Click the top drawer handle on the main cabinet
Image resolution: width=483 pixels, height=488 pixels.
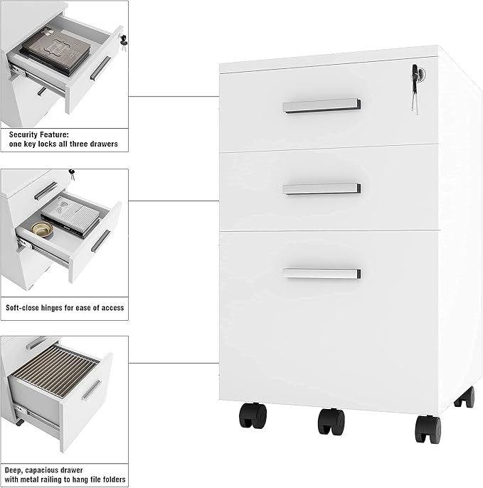pos(322,106)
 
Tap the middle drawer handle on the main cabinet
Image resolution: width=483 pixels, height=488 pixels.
pos(322,189)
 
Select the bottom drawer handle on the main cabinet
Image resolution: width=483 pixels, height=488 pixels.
pos(322,274)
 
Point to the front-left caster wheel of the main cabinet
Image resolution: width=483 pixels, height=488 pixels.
pos(253,415)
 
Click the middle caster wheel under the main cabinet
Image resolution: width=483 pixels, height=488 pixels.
pos(331,421)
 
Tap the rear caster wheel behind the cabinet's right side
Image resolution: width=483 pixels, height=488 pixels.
pos(465,397)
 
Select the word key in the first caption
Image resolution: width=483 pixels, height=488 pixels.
pos(30,144)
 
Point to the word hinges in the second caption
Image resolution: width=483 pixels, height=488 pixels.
pos(52,308)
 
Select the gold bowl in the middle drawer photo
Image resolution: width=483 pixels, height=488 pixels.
pos(42,230)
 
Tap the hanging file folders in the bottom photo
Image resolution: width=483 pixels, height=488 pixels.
pos(57,371)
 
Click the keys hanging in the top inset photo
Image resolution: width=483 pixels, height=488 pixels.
pos(124,43)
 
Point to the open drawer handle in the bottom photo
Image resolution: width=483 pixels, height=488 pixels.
pos(92,390)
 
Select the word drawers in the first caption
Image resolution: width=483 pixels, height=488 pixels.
pos(106,144)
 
